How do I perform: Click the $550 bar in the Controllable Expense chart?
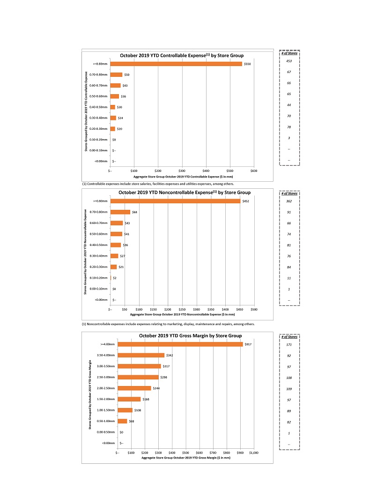pos(176,64)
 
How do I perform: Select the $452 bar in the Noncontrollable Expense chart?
pos(175,201)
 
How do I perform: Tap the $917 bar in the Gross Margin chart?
pos(180,344)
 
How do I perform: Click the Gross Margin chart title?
pos(190,336)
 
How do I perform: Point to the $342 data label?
pos(170,356)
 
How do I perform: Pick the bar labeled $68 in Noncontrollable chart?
pos(120,212)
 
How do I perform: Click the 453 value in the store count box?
pos(289,61)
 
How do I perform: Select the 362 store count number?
pos(289,201)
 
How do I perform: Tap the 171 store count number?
pos(289,345)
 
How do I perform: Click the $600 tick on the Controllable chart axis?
pos(254,171)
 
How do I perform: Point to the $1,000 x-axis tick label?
pos(253,453)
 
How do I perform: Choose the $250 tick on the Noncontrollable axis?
pos(182,310)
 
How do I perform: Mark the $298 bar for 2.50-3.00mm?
pos(138,377)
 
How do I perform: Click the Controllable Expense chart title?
pos(182,55)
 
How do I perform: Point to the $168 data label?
pos(146,399)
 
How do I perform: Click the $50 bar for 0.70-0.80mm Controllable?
pos(116,74)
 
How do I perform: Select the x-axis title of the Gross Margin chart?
pos(186,458)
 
